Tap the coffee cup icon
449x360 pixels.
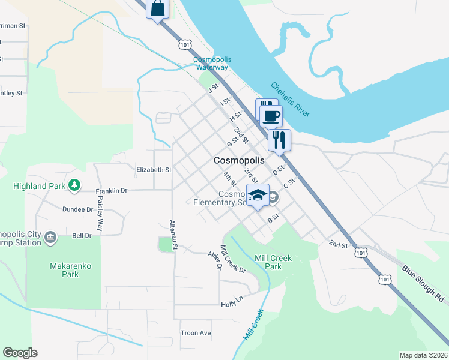click(271, 115)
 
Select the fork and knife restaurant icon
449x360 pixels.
click(279, 140)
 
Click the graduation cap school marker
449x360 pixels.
click(258, 195)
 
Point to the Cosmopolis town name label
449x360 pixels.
click(239, 161)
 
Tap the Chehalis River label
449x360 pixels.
click(290, 100)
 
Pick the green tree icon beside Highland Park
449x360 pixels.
click(74, 186)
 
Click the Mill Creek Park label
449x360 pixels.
click(273, 262)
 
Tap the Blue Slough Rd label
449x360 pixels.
click(423, 284)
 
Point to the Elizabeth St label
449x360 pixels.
click(154, 170)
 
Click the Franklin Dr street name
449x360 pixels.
click(112, 191)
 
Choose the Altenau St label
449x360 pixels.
click(173, 234)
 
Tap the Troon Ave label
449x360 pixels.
click(196, 332)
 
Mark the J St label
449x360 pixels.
click(212, 89)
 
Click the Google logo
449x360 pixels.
click(20, 353)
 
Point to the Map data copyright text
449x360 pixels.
click(423, 355)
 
